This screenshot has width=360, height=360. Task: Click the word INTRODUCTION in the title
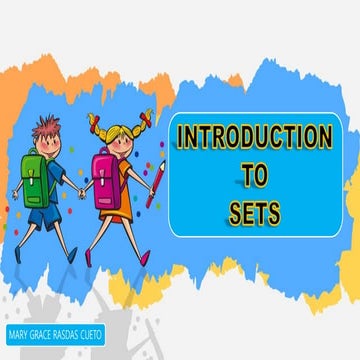click(x=254, y=136)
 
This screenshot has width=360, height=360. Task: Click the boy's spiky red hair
click(x=45, y=128)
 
